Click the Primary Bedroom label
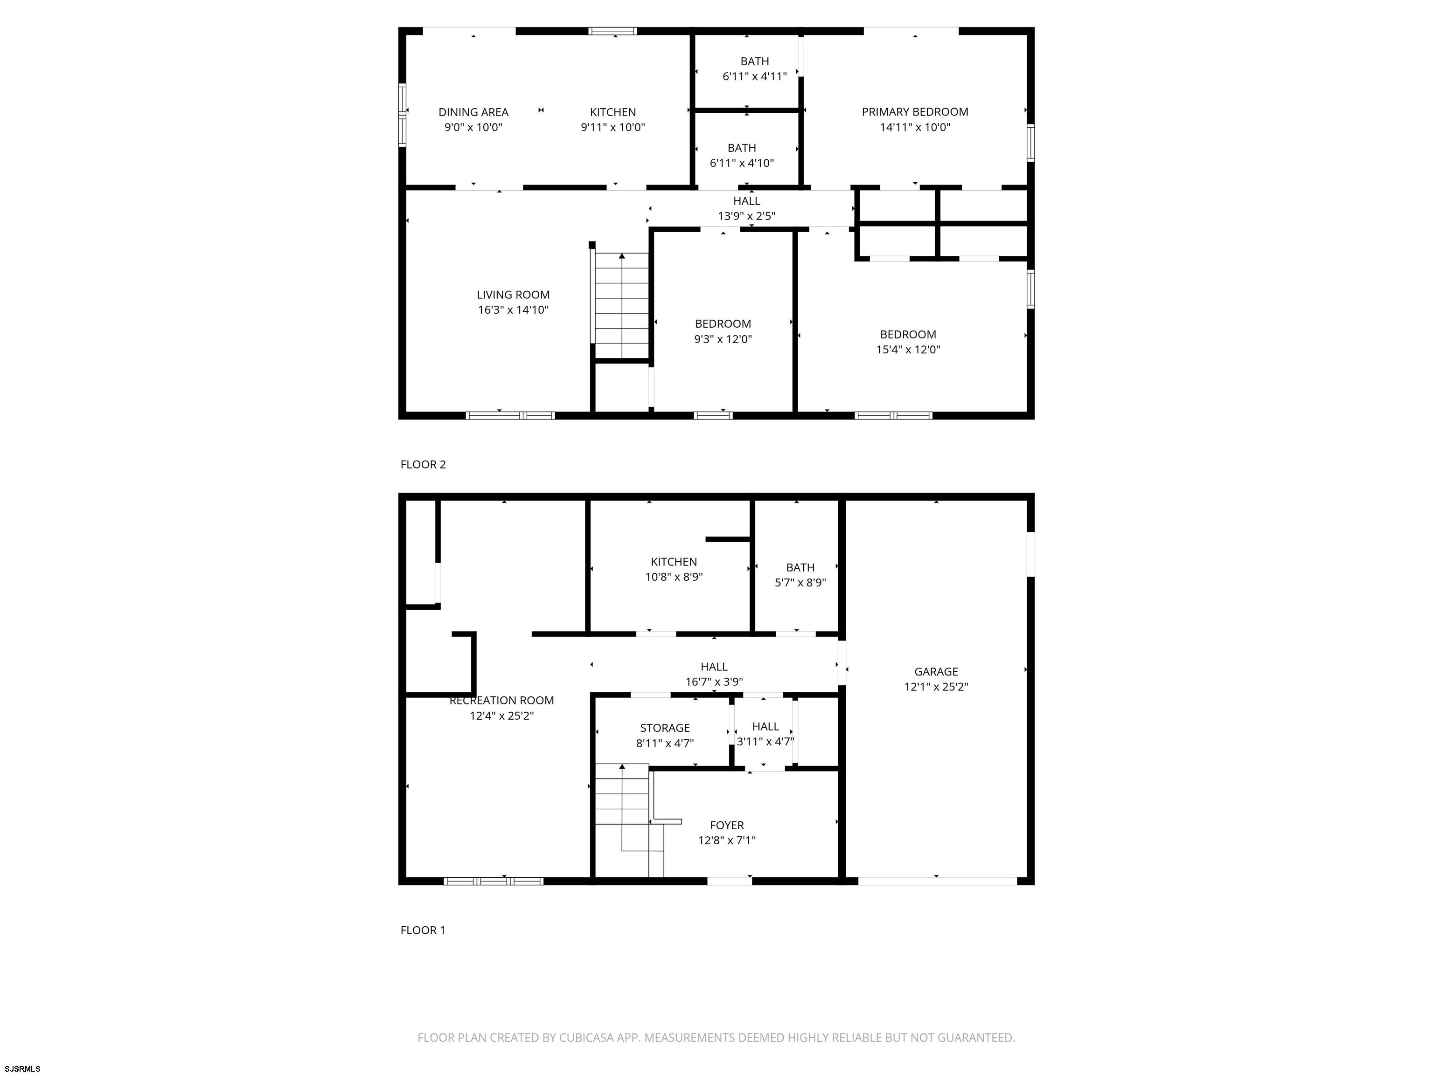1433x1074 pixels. [915, 112]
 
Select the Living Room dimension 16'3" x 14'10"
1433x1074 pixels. [513, 310]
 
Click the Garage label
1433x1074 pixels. [936, 672]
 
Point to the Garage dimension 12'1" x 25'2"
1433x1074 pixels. [936, 687]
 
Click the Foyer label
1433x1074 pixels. [727, 826]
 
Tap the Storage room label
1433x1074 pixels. [665, 728]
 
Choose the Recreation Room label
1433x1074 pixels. [501, 701]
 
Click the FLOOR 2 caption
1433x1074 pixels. [423, 465]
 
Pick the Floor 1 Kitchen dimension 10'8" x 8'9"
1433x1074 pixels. [674, 577]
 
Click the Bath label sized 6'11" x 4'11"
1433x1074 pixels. [755, 62]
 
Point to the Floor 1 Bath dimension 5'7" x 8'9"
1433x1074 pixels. [800, 583]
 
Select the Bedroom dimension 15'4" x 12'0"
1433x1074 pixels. [908, 350]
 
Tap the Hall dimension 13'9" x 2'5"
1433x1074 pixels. [746, 216]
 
